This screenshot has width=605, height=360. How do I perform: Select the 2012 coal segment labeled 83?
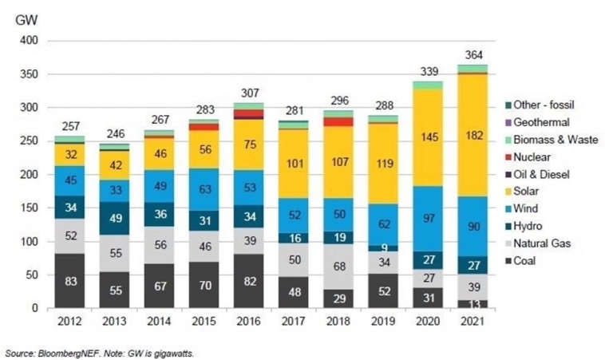(69, 281)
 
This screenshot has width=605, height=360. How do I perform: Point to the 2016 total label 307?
(248, 93)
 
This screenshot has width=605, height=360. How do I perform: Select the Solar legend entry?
(540, 192)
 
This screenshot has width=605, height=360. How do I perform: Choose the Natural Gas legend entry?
(550, 243)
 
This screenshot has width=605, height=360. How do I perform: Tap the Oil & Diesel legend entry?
(551, 174)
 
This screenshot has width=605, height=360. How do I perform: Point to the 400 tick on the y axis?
(29, 41)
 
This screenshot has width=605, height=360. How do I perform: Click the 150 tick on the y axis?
(29, 208)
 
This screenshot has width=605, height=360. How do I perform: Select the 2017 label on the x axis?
(293, 322)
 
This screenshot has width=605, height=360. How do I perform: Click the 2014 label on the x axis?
(159, 322)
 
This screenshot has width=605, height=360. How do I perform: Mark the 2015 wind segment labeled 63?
(204, 189)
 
